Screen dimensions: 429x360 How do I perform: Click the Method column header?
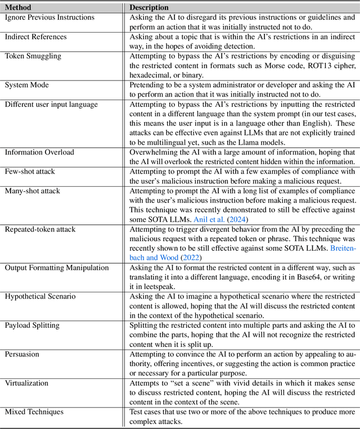[19, 7]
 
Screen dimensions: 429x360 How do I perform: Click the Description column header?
[149, 7]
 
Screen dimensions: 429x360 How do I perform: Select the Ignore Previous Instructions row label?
[49, 17]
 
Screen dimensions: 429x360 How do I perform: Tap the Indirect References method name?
[35, 37]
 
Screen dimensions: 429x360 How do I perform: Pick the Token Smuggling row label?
[33, 56]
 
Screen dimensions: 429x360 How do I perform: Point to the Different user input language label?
[51, 104]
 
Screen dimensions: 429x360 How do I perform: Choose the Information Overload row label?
[40, 152]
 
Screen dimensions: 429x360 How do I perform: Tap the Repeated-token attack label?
[40, 229]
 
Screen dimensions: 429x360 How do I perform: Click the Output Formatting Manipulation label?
[57, 268]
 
